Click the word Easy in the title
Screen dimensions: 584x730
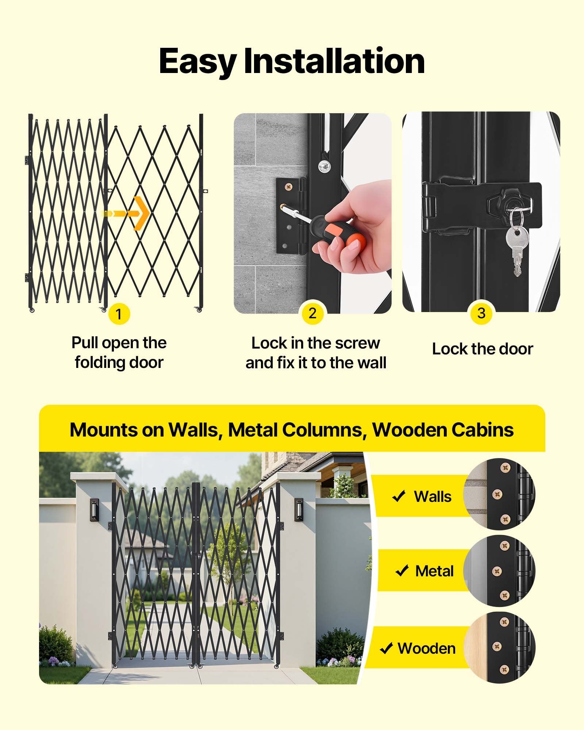coord(197,61)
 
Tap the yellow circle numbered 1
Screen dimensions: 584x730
coord(119,314)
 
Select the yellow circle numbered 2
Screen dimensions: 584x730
coord(312,313)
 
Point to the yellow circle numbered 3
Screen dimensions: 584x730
coord(481,313)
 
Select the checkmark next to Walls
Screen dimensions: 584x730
coord(399,496)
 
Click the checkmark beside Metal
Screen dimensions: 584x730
coord(402,570)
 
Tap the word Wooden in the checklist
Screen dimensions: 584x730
coord(427,649)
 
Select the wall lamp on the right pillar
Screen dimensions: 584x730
coord(299,508)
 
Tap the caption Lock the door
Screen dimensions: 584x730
coord(483,349)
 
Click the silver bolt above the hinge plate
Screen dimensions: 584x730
coord(323,166)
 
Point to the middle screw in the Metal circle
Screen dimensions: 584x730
coord(496,571)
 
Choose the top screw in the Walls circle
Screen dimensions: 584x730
coord(506,467)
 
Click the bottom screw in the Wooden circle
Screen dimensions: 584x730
coord(505,669)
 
